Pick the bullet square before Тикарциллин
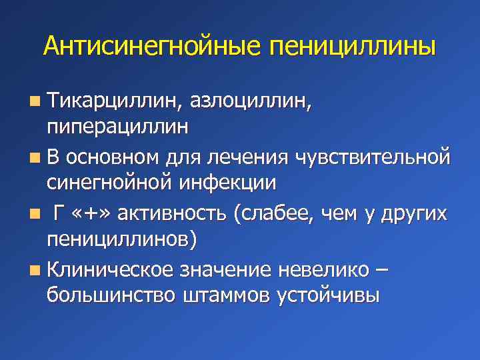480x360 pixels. (x=34, y=102)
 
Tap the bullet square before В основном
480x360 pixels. (x=34, y=158)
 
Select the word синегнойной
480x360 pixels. (x=107, y=183)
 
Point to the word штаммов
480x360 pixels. (x=224, y=295)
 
